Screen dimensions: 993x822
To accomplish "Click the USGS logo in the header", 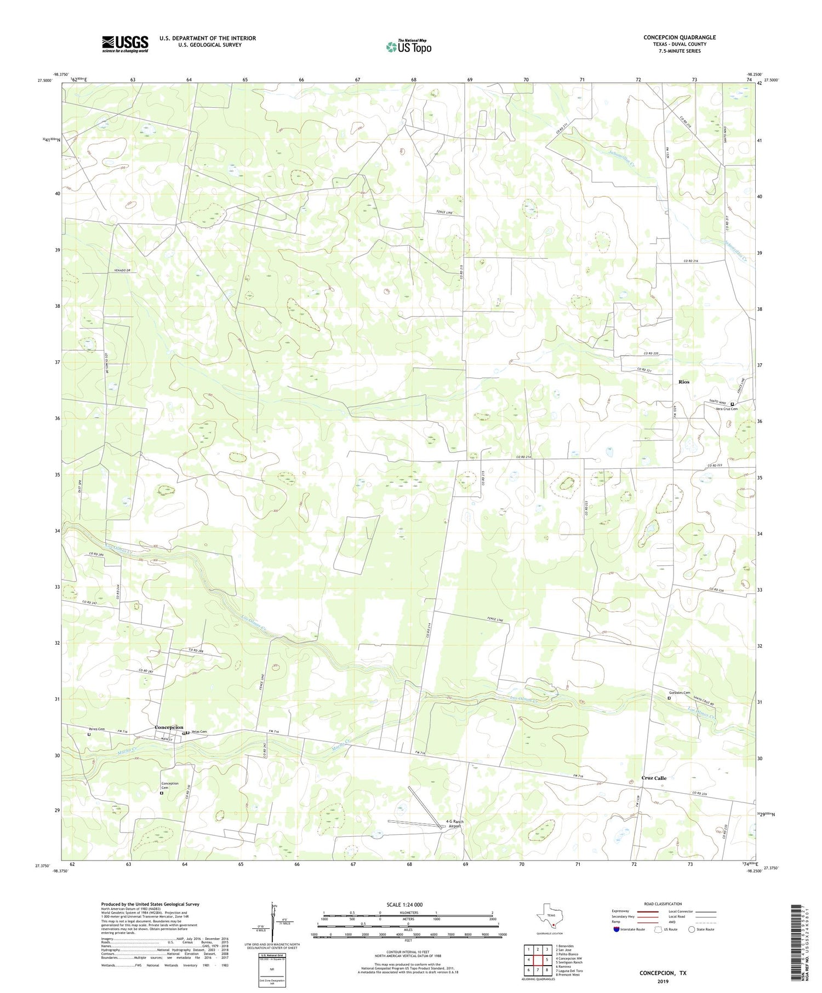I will coord(125,44).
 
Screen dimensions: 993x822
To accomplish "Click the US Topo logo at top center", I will coord(408,47).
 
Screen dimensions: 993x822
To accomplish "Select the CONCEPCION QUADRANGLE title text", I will coord(679,37).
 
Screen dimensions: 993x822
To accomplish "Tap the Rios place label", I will coord(683,381).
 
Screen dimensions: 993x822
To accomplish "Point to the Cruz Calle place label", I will coord(654,778).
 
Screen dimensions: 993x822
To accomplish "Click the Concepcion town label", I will coord(169,727).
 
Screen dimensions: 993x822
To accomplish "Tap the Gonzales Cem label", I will coord(679,692).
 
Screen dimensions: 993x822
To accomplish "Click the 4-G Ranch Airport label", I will coord(454,824).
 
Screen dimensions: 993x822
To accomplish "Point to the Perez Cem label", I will coord(96,729).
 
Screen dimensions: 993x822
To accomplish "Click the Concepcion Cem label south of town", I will coord(169,785).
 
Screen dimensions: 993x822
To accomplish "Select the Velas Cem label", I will coord(199,732).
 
